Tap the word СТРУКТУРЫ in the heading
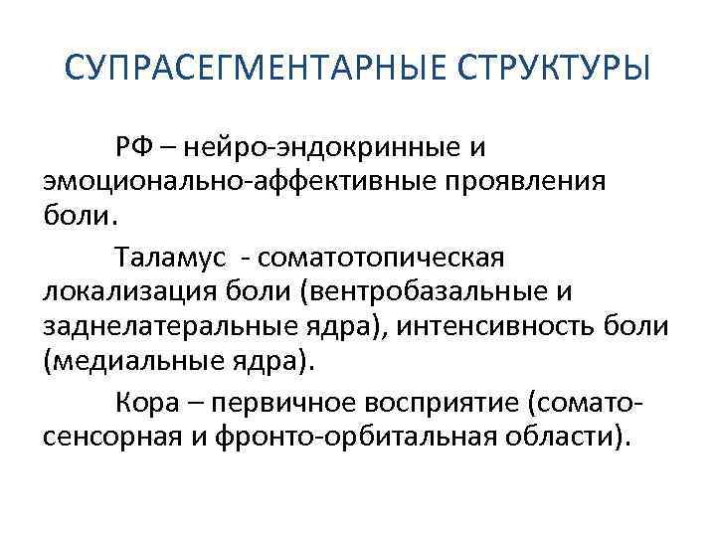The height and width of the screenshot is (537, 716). (558, 73)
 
